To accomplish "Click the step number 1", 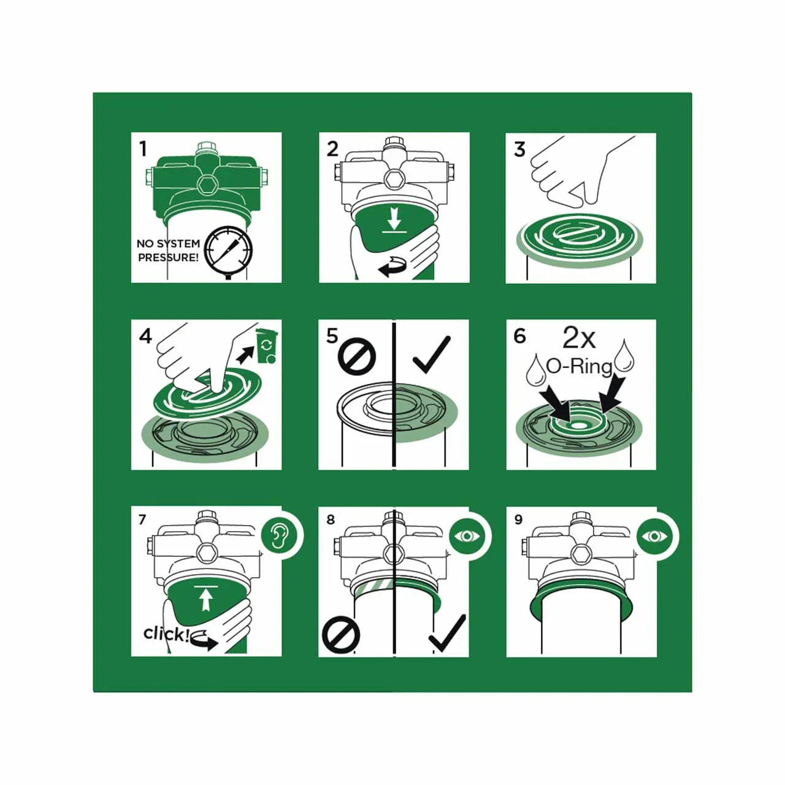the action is pyautogui.click(x=142, y=148).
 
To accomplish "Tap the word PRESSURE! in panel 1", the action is pyautogui.click(x=168, y=258).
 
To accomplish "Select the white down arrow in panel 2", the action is pyautogui.click(x=393, y=219).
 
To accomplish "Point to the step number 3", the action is pyautogui.click(x=519, y=149).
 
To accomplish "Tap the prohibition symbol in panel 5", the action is pyautogui.click(x=357, y=356).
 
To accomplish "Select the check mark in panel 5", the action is pyautogui.click(x=432, y=354).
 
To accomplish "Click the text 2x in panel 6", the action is pyautogui.click(x=579, y=339).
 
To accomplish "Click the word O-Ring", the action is pyautogui.click(x=579, y=367).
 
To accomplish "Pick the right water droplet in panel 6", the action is pyautogui.click(x=623, y=356).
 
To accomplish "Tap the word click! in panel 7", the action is pyautogui.click(x=164, y=634).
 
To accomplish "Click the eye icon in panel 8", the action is pyautogui.click(x=466, y=537).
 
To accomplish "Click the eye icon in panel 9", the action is pyautogui.click(x=654, y=537).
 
